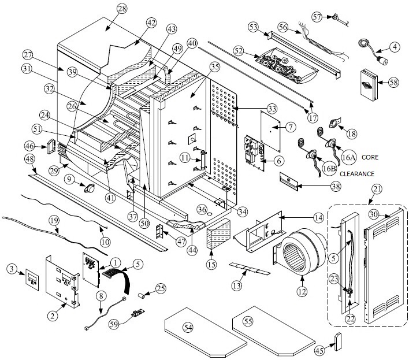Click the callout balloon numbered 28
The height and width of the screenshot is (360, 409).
coord(121,9)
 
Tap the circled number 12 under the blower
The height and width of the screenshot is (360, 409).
coord(302,291)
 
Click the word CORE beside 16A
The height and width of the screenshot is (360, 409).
coord(370,157)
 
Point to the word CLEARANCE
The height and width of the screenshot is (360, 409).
coord(357,174)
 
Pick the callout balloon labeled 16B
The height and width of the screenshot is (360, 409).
coord(329,168)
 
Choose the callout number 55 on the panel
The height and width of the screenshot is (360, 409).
coord(248,321)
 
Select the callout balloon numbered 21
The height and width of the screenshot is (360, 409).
coord(377,189)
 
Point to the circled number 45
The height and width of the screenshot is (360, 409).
coord(320,350)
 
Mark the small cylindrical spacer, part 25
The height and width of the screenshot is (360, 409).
coord(142,296)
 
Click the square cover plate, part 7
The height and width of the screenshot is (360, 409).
coord(270,131)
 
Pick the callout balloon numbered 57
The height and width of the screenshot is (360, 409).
coord(317,17)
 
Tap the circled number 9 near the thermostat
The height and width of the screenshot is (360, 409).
coord(69,179)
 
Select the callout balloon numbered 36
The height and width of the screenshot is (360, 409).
coord(202,209)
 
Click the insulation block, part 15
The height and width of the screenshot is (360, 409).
coord(219,234)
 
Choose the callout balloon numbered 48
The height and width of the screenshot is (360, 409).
coord(29,159)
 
